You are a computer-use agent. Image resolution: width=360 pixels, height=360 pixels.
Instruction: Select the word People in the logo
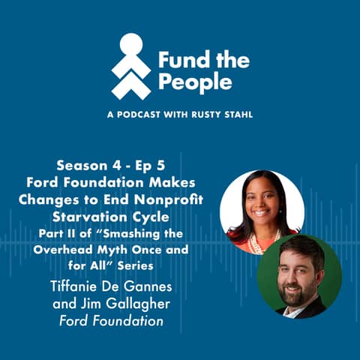click(x=187, y=82)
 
